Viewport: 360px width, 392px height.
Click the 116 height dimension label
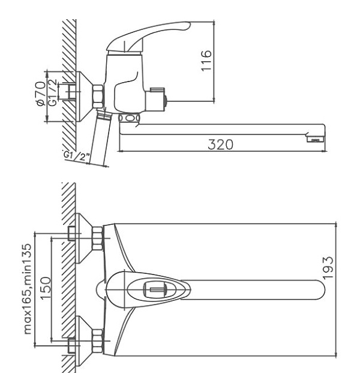tap(206, 61)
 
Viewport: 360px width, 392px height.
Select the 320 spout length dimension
tap(220, 144)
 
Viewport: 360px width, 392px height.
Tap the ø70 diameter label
tap(41, 94)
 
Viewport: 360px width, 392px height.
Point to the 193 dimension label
tap(328, 267)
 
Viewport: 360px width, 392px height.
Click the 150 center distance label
tap(46, 288)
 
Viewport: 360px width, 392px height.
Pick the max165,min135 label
tap(28, 289)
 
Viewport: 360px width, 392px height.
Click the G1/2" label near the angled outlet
tap(77, 156)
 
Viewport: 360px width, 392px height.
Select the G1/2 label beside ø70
tap(53, 92)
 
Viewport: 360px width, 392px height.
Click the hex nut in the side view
tap(98, 97)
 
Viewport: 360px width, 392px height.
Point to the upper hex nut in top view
tap(98, 239)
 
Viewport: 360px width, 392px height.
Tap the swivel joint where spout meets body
tap(129, 117)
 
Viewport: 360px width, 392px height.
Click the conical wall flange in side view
tap(83, 97)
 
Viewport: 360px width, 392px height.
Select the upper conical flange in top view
tap(83, 239)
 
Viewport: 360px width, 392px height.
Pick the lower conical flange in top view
tap(83, 342)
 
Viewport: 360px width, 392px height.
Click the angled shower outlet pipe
tap(100, 138)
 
